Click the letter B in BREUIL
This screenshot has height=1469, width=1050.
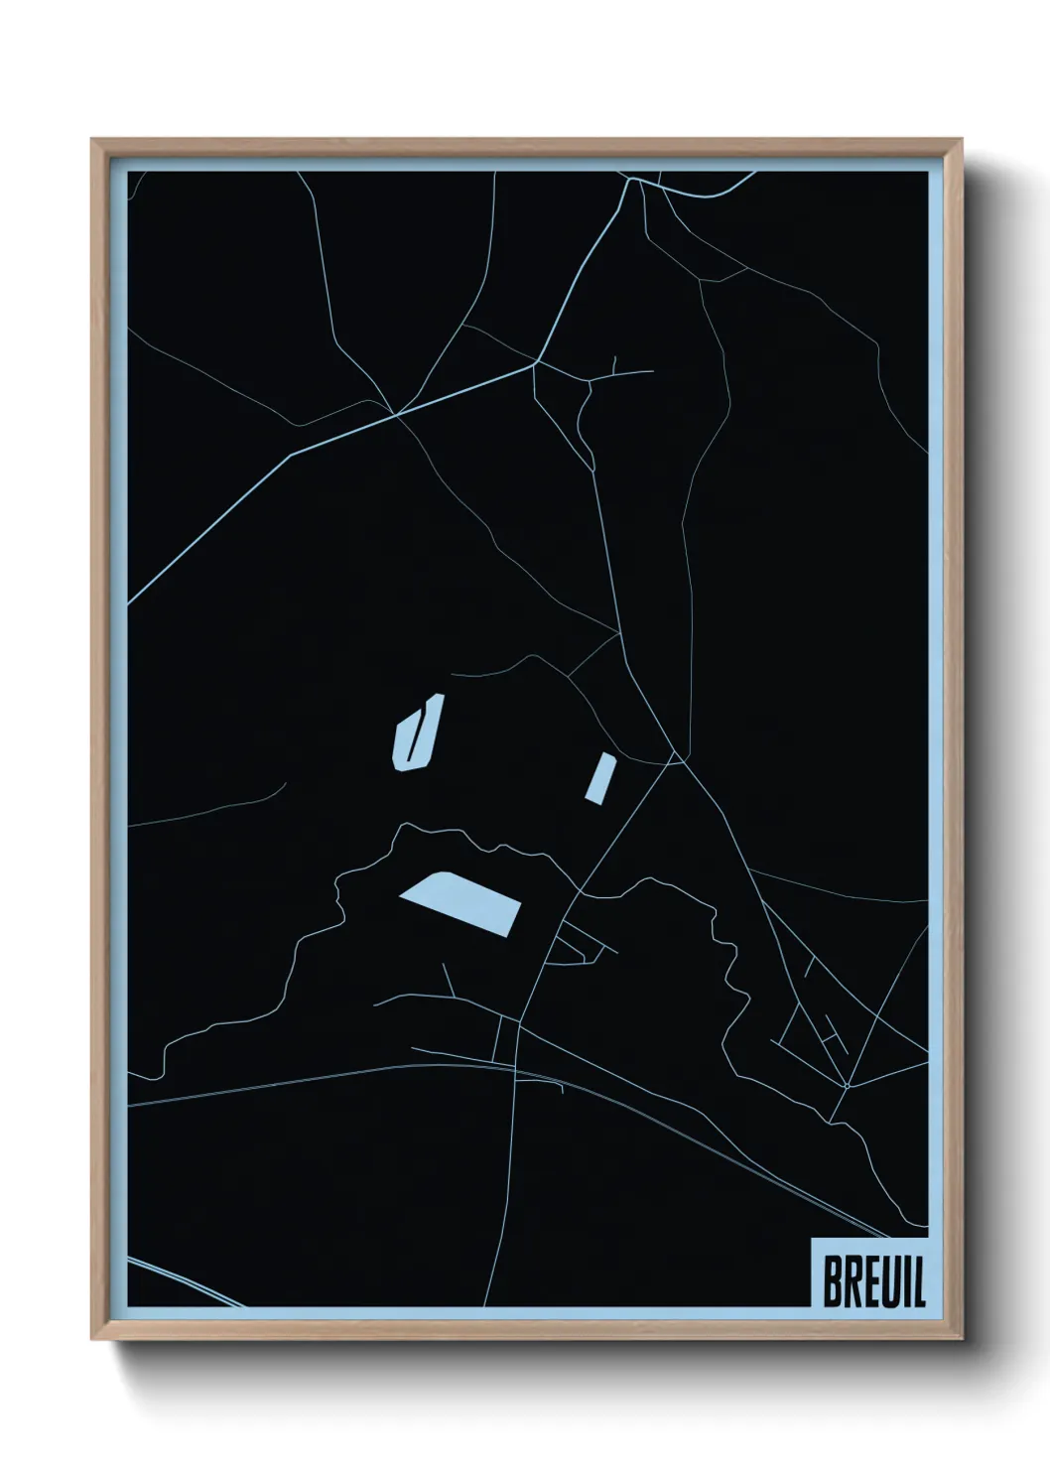tap(832, 1281)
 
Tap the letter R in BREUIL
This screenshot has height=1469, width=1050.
tap(852, 1281)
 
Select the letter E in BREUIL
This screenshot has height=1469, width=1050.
tap(869, 1281)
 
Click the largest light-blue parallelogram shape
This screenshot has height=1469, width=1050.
tap(460, 902)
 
